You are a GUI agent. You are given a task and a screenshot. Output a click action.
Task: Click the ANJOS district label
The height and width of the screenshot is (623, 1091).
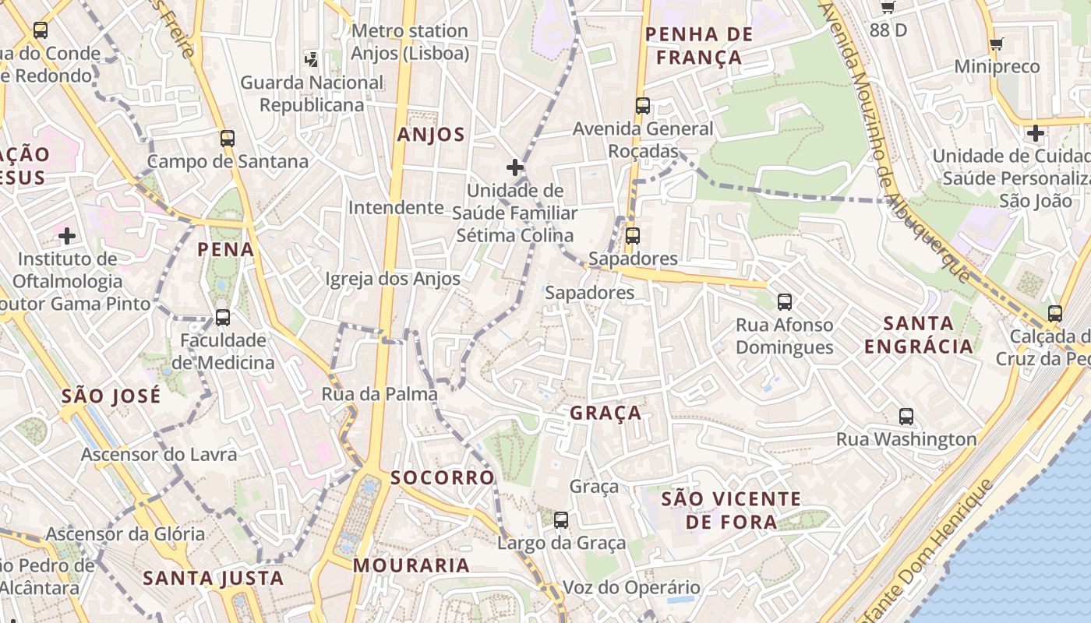click(x=431, y=135)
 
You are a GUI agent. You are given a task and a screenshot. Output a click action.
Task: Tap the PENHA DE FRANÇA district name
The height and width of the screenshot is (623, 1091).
click(x=699, y=46)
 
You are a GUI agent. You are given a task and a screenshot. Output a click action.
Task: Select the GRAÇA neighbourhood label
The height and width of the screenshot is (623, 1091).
click(x=606, y=413)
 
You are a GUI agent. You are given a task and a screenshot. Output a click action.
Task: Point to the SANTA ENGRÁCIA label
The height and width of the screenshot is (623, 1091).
click(x=919, y=334)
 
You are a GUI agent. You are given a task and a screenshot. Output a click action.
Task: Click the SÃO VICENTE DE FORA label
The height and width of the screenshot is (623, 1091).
click(x=731, y=510)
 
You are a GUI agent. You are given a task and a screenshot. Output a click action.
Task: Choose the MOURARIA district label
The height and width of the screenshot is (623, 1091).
click(x=411, y=565)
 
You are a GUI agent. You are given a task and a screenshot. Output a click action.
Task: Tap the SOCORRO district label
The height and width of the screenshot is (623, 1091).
click(x=443, y=477)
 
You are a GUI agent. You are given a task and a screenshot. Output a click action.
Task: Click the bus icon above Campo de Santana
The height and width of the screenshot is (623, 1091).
click(x=228, y=139)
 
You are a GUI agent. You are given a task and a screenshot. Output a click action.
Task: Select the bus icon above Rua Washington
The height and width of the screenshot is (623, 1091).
click(x=906, y=416)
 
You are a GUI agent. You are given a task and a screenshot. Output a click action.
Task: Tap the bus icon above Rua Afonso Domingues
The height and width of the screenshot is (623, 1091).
click(x=784, y=302)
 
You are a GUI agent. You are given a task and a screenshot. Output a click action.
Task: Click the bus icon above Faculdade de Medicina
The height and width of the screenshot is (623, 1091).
click(x=223, y=318)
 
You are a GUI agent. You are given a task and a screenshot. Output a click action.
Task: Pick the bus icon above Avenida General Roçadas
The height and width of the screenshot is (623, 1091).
click(x=643, y=106)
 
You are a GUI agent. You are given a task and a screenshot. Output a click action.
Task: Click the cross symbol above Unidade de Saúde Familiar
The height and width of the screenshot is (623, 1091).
click(x=514, y=167)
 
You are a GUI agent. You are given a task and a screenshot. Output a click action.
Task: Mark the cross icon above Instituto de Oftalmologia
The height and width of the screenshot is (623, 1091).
click(x=67, y=235)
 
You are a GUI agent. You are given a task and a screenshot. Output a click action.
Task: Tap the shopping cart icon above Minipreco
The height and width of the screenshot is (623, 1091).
click(x=996, y=44)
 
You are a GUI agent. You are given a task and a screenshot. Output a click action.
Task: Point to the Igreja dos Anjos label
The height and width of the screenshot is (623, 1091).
click(x=392, y=278)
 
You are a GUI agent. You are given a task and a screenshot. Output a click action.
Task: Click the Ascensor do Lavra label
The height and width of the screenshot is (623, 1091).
click(x=159, y=454)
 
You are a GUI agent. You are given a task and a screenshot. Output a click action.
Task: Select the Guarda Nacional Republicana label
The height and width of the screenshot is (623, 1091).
click(x=312, y=93)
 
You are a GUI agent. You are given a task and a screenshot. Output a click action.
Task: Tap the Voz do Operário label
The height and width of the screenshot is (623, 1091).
click(x=631, y=587)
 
